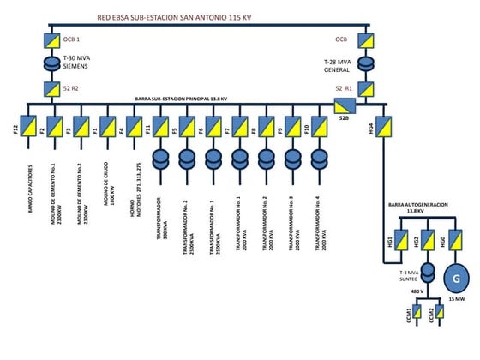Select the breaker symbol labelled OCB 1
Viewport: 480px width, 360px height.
(x=49, y=39)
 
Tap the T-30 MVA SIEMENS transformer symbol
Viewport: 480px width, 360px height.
(x=49, y=63)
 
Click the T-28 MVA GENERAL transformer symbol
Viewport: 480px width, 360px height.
(x=367, y=63)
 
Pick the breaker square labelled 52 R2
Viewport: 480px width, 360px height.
(x=49, y=87)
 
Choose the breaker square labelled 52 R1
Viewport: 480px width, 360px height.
(x=367, y=87)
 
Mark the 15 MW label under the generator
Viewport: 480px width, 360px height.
(x=455, y=299)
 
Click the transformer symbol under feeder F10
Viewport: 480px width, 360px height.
(x=320, y=159)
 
